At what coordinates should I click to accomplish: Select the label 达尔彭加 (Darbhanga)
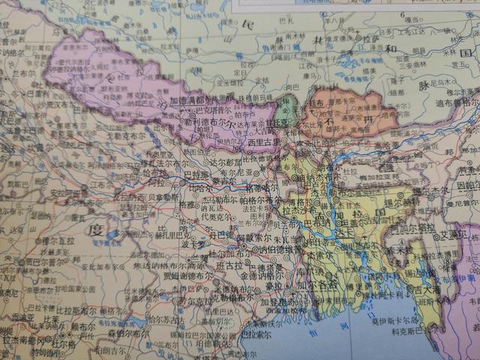227,160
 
